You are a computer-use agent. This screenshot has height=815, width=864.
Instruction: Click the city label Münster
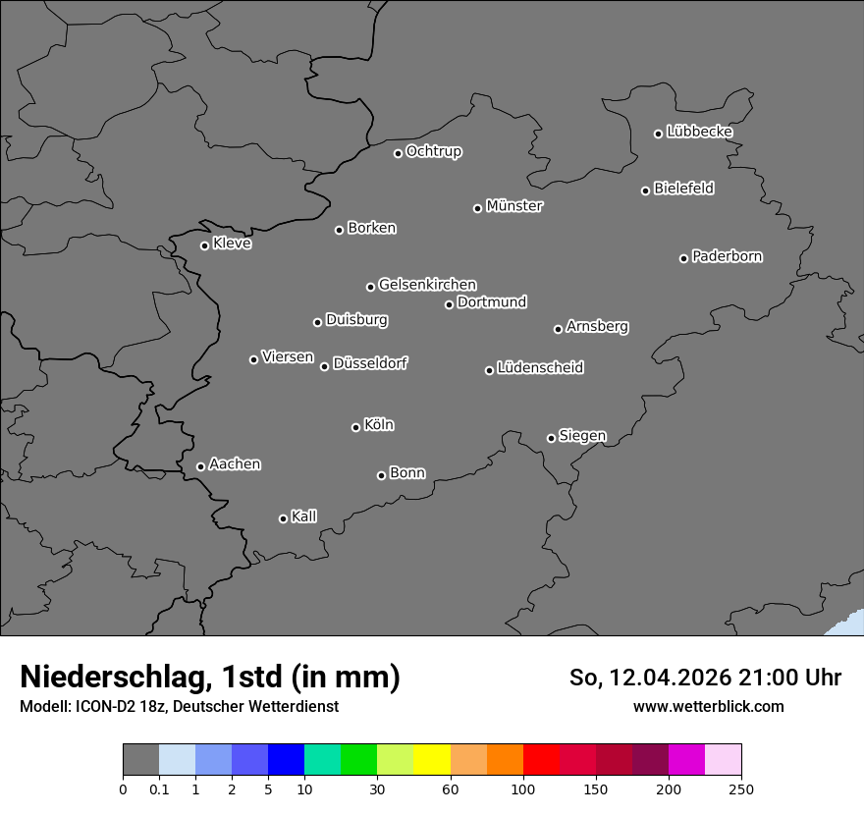(x=514, y=206)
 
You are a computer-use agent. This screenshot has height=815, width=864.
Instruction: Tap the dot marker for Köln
(x=355, y=427)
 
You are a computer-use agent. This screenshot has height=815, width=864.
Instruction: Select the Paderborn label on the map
(x=728, y=256)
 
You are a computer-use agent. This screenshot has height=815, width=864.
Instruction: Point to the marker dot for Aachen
(x=200, y=466)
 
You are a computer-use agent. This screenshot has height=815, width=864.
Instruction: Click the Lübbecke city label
(x=700, y=132)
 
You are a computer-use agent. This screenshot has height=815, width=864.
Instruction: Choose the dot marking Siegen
(x=551, y=438)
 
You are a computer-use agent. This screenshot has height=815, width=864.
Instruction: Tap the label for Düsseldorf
(x=370, y=363)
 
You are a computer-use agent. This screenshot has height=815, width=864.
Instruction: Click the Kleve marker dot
(x=204, y=245)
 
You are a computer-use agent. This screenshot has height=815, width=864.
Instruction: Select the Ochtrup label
(x=434, y=151)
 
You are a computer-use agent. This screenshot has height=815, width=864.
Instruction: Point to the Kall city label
(x=304, y=516)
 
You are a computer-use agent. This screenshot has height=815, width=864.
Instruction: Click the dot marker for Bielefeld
(x=645, y=190)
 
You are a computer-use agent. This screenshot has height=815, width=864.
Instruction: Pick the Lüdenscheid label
(x=541, y=368)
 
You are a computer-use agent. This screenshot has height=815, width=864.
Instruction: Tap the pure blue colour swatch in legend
(x=286, y=760)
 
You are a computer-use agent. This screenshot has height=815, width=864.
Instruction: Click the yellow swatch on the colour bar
(x=431, y=760)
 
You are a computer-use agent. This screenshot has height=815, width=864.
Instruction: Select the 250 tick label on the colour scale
(x=741, y=788)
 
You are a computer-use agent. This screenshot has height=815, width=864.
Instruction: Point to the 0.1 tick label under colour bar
(x=159, y=788)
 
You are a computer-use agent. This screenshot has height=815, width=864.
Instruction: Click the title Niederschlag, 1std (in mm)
(x=210, y=677)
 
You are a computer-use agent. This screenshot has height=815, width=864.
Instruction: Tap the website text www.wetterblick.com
(x=709, y=706)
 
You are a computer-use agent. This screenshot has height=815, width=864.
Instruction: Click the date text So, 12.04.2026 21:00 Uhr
(x=705, y=678)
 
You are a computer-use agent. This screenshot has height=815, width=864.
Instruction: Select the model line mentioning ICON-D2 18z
(x=179, y=706)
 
